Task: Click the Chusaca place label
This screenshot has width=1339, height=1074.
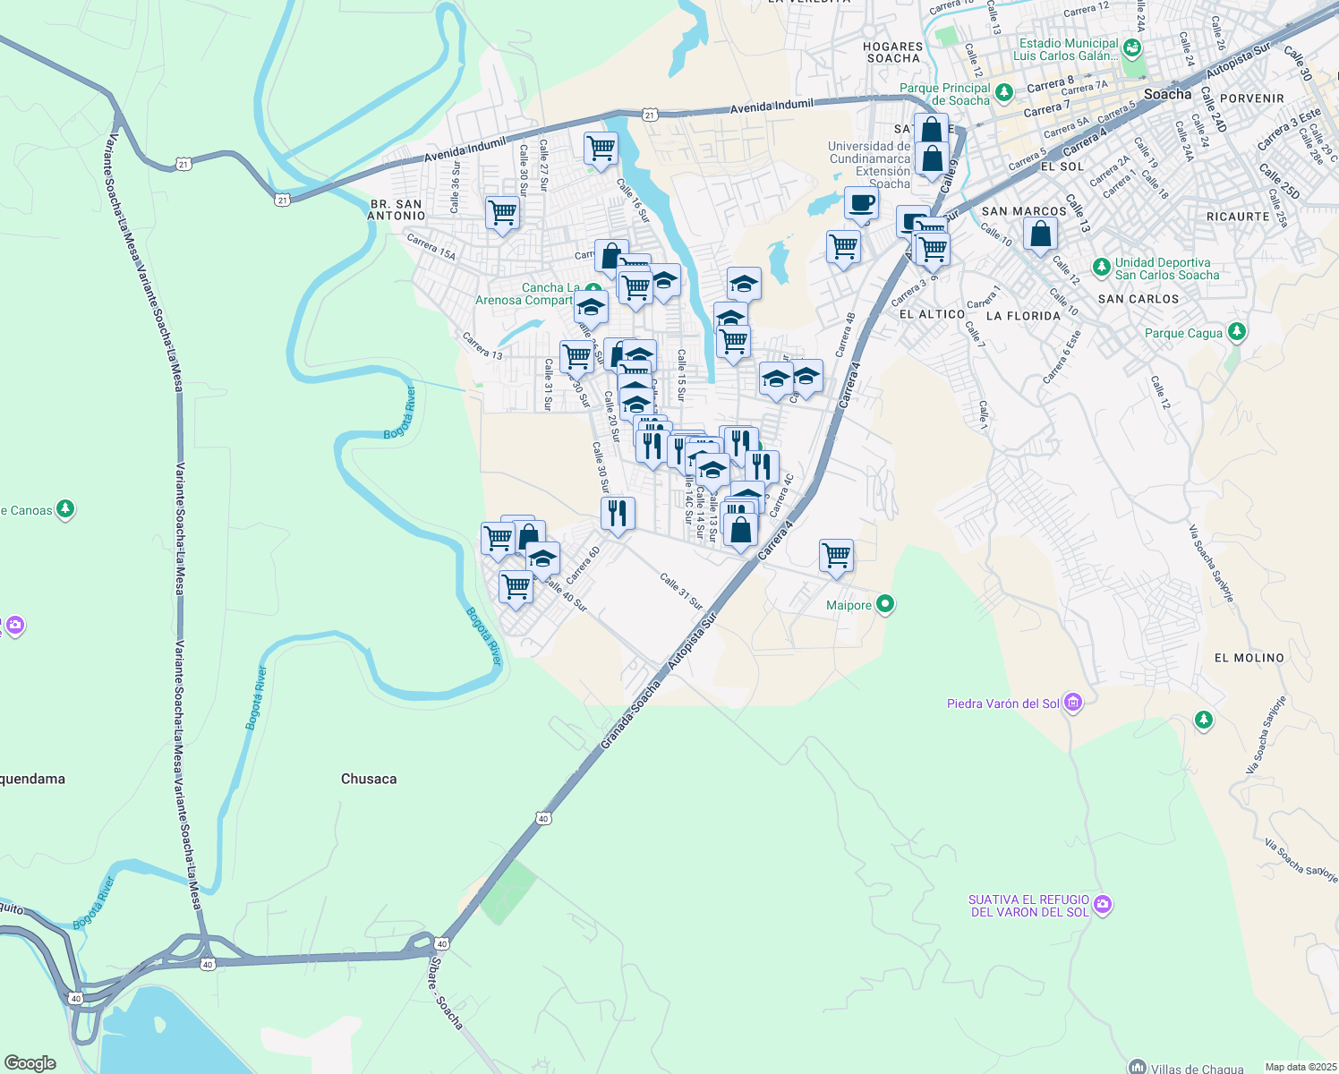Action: pos(368,779)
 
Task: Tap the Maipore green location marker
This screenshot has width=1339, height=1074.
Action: pos(885,604)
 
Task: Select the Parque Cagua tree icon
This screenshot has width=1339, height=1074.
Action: pos(1237,332)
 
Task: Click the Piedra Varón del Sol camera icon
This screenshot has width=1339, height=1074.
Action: pos(1073,703)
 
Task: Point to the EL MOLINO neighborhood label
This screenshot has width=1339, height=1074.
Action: pos(1249,658)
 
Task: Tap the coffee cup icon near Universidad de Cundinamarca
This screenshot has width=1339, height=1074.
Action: pos(861,203)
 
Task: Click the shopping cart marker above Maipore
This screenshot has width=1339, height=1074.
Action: pos(836,555)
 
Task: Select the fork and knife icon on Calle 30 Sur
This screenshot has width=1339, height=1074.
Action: pos(618,513)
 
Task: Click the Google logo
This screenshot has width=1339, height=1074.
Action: pos(30,1063)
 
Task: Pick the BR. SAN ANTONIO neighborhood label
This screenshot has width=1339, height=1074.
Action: pos(397,209)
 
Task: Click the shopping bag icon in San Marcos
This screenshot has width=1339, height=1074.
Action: pos(1040,234)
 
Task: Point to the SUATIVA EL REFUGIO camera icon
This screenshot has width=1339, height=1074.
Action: pos(1103,905)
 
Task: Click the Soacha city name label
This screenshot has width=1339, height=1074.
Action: pos(1167,94)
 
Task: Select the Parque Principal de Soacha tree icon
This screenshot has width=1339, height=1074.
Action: pos(1003,91)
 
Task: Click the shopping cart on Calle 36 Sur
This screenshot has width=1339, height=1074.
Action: pos(502,213)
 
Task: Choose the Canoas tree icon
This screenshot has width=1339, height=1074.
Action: pos(64,509)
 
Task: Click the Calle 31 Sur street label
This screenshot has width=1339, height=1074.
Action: pos(681,592)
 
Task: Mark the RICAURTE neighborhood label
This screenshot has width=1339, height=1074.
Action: pos(1238,217)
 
